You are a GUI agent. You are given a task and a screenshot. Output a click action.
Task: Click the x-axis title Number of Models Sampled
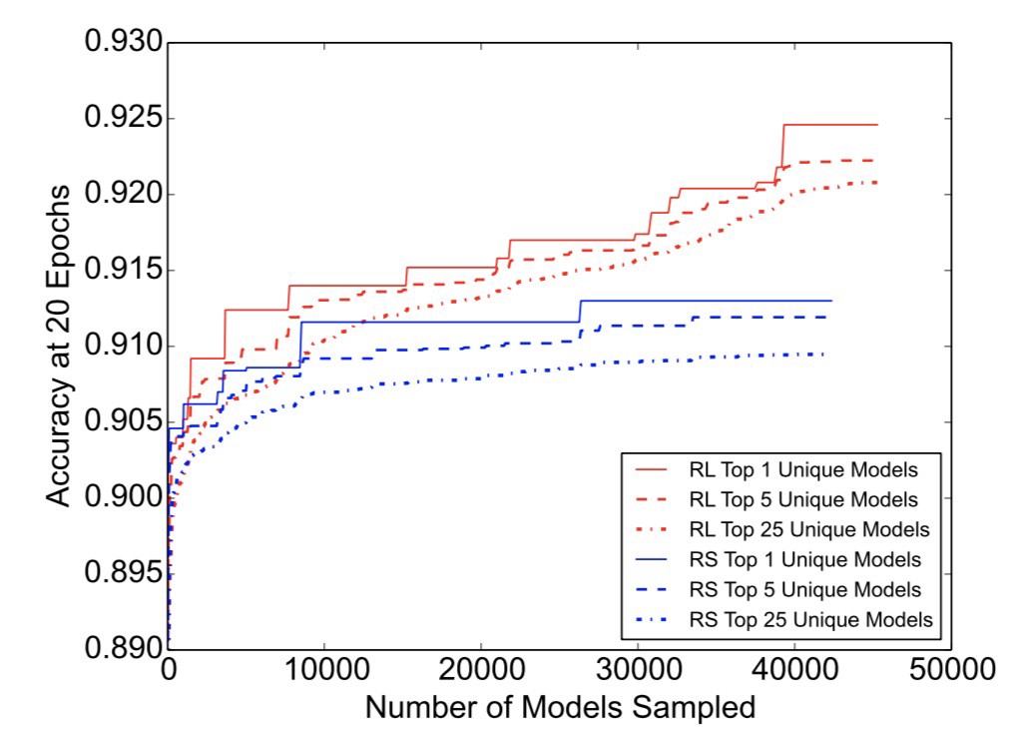pyautogui.click(x=559, y=707)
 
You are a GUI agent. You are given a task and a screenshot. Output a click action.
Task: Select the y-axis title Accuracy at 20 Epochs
pyautogui.click(x=60, y=346)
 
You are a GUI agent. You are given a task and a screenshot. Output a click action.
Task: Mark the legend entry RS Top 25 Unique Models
pyautogui.click(x=809, y=619)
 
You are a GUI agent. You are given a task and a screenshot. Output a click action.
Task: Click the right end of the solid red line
pyautogui.click(x=876, y=125)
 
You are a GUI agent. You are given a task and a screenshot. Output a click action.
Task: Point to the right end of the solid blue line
pyautogui.click(x=830, y=301)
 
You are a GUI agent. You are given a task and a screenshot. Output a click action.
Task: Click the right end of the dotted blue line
pyautogui.click(x=824, y=355)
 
